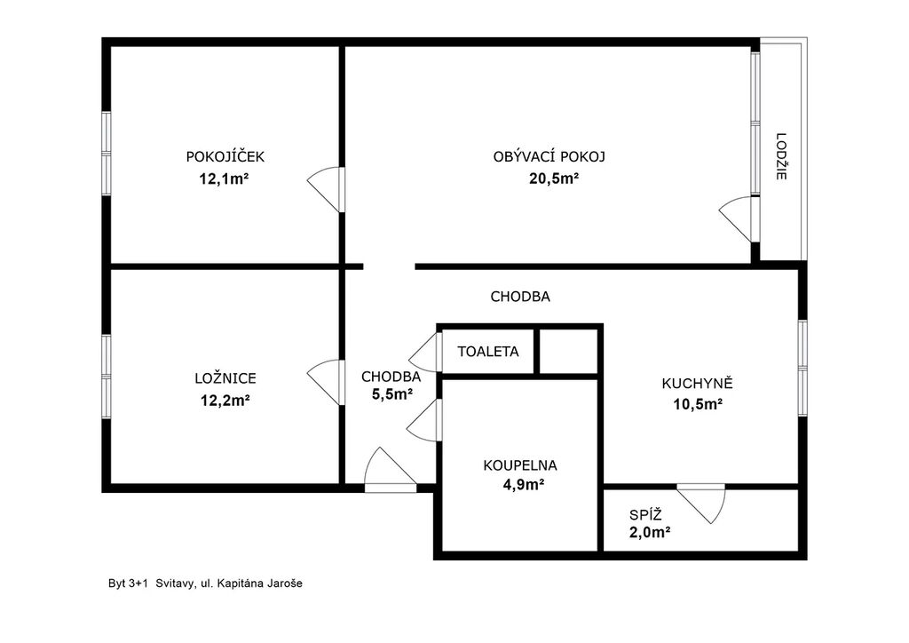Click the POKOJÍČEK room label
coord(225,156)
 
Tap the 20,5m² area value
coord(554,179)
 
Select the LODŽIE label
coord(781,156)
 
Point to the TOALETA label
coord(488,352)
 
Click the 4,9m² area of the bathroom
coord(523,484)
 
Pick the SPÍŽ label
coord(646,514)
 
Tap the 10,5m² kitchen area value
coord(698,403)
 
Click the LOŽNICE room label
coord(225,378)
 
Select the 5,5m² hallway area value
coord(391,394)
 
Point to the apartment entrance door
coord(390,470)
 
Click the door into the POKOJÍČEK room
coord(326,189)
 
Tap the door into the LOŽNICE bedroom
coord(326,382)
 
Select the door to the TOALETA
coord(425,352)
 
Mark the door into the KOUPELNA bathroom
coord(424,420)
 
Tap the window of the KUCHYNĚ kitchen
coord(802,368)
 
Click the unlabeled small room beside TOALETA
coord(569,352)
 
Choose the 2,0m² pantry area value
coord(650,532)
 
